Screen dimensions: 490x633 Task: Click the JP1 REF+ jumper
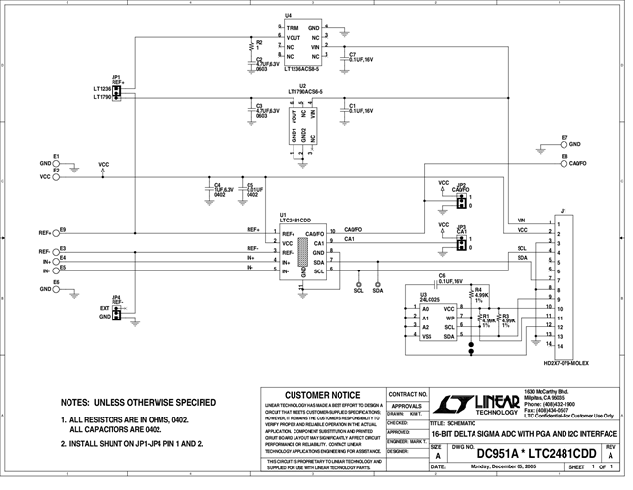tap(117, 92)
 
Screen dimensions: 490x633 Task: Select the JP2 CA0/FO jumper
tap(460, 201)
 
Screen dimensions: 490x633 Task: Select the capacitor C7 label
tap(353, 54)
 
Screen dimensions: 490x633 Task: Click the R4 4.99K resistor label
tap(480, 292)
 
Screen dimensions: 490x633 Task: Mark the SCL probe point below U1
tap(358, 283)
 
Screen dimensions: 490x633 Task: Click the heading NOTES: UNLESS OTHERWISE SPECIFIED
tap(138, 402)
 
